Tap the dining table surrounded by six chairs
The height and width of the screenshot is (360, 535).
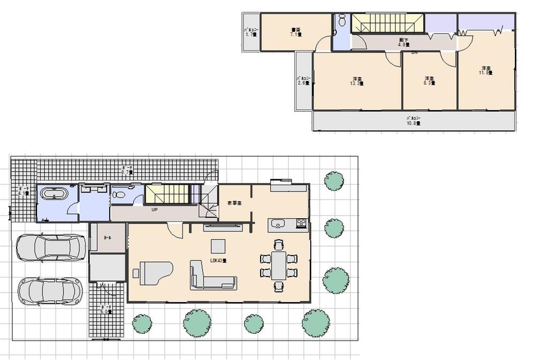[278, 265]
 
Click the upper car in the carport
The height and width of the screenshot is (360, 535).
[51, 248]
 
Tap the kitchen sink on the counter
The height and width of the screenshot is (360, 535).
[279, 223]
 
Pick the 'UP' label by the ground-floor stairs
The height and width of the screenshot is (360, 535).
[154, 210]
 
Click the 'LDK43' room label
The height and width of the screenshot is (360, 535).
[218, 261]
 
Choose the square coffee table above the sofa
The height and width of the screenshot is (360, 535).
[218, 246]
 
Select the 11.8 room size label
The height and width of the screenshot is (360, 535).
[486, 70]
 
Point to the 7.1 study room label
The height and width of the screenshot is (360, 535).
[296, 32]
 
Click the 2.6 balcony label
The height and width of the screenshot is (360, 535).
[303, 81]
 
